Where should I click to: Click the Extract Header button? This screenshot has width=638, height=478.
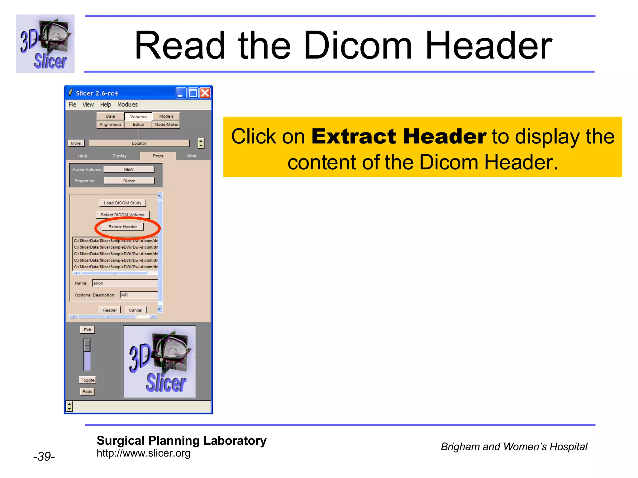point(122,227)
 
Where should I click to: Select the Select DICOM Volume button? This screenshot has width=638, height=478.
point(122,215)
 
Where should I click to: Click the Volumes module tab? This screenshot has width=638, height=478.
point(138,116)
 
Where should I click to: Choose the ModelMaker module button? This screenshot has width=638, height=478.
point(166,124)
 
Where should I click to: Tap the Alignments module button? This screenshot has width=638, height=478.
point(110,124)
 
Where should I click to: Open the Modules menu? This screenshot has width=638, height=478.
point(127,105)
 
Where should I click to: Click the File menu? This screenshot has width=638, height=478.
point(72,105)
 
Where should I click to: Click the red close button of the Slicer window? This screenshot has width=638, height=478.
point(205,93)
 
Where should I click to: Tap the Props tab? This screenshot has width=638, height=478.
point(158,156)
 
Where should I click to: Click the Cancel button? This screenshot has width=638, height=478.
point(136,310)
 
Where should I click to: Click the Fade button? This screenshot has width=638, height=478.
point(88,391)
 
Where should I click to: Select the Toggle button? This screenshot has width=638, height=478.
point(88,380)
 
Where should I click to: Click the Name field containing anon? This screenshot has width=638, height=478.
point(125,283)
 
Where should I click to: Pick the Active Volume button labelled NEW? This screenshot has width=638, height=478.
point(129,169)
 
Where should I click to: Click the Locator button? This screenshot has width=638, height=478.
point(139,143)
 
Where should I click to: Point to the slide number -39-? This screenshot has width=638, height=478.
point(44,456)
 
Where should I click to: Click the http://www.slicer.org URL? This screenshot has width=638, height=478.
point(143,453)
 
